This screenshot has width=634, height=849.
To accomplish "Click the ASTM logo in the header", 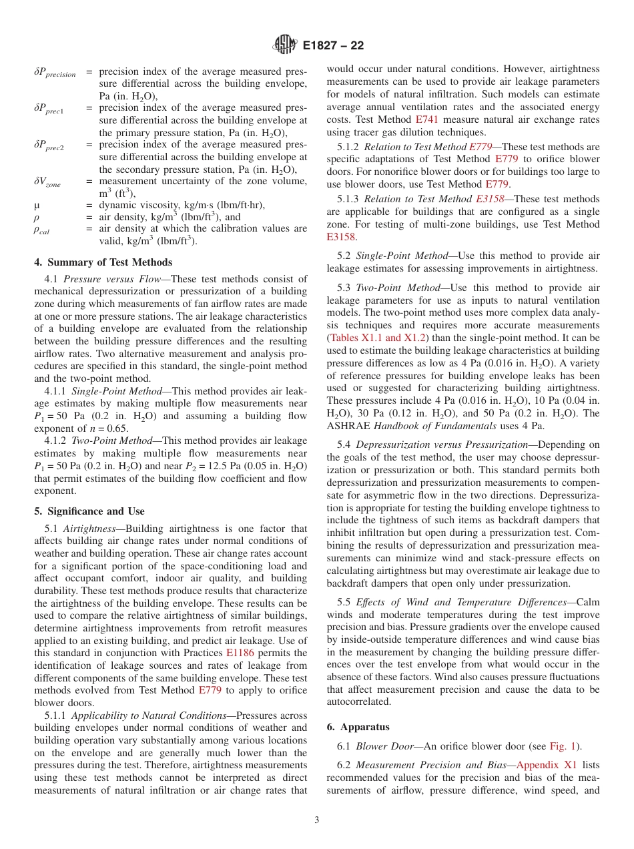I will click(286, 45).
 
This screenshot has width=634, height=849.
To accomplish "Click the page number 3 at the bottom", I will click(317, 820).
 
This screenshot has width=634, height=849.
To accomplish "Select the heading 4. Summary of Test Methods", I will click(103, 262).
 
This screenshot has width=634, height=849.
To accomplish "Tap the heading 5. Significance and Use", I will click(89, 511).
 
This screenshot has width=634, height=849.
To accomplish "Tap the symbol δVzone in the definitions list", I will click(47, 182).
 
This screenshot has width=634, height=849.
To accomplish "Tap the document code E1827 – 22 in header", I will click(333, 46).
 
